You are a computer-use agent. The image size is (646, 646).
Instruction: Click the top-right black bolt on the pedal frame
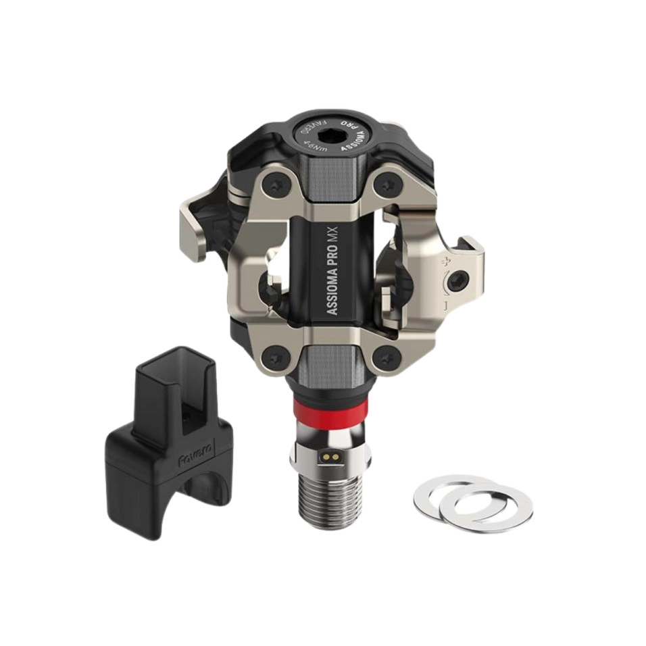pos(387,180)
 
